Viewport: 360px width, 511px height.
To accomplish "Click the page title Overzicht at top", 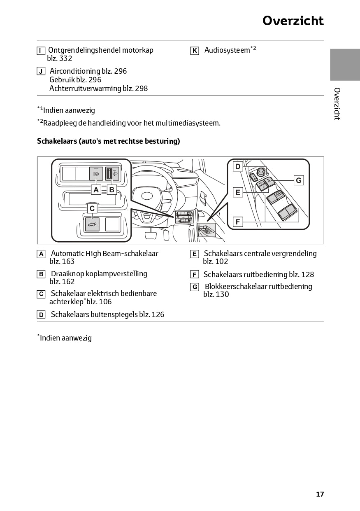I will click(x=293, y=21).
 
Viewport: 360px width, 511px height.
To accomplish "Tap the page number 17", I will click(x=320, y=494).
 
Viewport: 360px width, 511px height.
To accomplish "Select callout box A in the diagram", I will click(x=96, y=190).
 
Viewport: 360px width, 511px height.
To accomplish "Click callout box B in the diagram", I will click(x=111, y=190).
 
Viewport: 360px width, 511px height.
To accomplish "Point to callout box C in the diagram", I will click(x=92, y=209).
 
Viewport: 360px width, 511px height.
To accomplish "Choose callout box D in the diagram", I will click(x=238, y=166).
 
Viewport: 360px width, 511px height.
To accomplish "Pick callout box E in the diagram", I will click(x=238, y=192).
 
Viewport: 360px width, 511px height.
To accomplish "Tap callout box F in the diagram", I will click(x=238, y=222).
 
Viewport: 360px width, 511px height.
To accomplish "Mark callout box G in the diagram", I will click(x=299, y=180).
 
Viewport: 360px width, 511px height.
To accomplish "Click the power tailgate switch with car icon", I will click(x=92, y=224).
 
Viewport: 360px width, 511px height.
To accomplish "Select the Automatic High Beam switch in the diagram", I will click(x=96, y=174).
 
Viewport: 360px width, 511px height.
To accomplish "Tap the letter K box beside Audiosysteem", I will click(x=195, y=51).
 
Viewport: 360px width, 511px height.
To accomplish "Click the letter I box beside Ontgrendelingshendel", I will click(x=41, y=51).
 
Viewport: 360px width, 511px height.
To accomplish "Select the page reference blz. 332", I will click(x=60, y=58).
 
